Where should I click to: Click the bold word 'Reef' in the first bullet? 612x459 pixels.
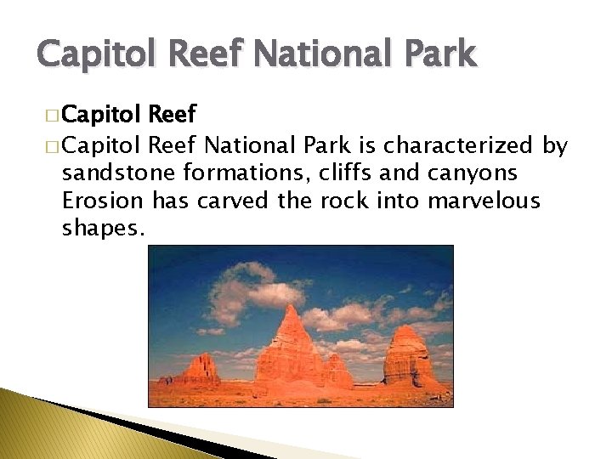(173, 114)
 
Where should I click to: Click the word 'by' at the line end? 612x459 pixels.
(555, 145)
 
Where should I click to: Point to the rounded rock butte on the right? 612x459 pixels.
(410, 355)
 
